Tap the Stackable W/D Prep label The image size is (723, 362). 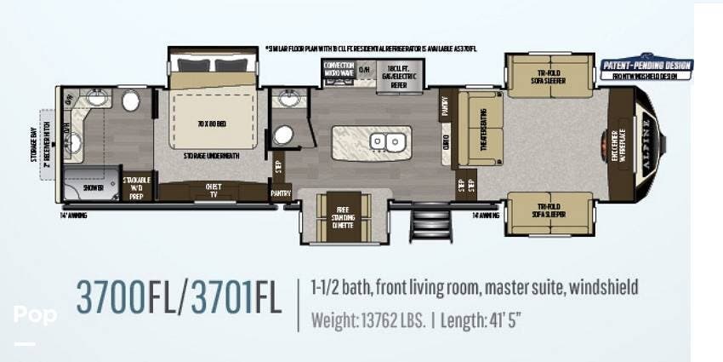click(x=137, y=187)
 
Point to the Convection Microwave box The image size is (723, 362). click(x=338, y=69)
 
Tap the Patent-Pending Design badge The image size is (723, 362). click(x=646, y=66)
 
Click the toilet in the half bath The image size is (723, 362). click(x=284, y=135)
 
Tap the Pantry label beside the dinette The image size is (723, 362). click(x=280, y=193)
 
